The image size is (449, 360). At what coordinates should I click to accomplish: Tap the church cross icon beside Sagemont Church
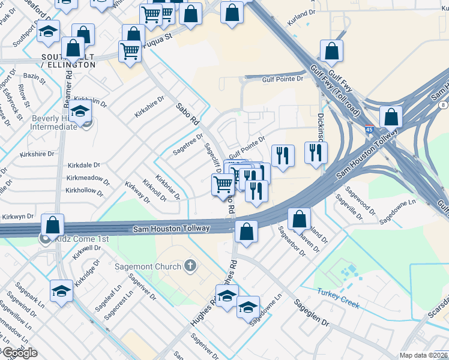coord(190,265)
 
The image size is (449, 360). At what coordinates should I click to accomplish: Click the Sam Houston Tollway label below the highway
coord(171,229)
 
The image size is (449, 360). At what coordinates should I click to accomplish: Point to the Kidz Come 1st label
coord(80,239)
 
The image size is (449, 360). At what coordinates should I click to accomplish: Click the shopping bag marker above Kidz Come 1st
coord(53,226)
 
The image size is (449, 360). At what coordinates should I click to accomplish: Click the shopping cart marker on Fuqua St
coord(130,52)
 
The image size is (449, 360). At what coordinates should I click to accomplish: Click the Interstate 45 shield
coord(370,128)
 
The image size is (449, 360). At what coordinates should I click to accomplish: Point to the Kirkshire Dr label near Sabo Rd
coord(149,106)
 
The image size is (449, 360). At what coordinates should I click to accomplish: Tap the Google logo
coord(19,353)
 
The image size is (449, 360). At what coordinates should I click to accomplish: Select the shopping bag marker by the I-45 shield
coord(391,116)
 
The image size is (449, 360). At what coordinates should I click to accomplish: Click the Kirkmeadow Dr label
coord(88,179)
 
